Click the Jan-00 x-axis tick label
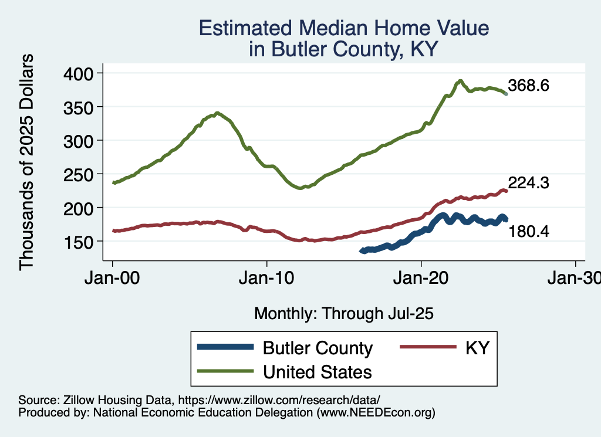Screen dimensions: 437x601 [x=113, y=277]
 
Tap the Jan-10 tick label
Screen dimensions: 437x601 [x=267, y=277]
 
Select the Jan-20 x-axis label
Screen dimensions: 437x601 [x=421, y=277]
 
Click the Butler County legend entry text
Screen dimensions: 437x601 [x=318, y=348]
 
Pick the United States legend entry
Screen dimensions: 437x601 [x=318, y=371]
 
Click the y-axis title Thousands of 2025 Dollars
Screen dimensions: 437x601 [x=27, y=161]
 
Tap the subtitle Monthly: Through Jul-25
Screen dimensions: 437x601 [x=343, y=314]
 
